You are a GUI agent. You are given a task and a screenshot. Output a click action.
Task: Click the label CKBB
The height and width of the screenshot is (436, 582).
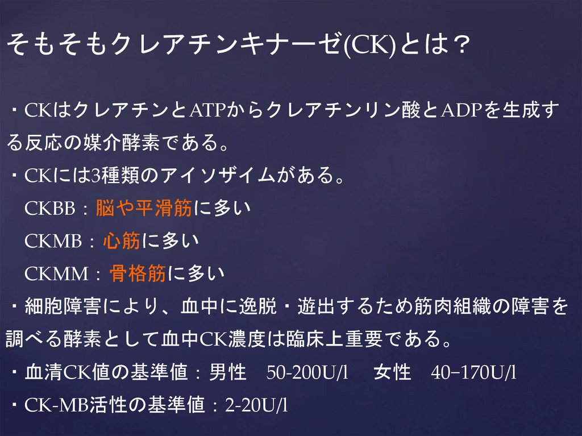pos(50,209)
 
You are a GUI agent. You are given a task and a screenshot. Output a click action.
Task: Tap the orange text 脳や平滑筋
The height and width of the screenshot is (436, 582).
pos(144,209)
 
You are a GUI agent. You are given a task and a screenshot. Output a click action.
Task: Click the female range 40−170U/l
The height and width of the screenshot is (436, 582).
pos(473,373)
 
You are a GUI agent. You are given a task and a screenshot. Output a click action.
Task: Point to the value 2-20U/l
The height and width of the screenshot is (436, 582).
pos(256,405)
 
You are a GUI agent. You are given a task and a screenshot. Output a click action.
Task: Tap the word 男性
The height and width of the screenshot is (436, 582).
pos(228,373)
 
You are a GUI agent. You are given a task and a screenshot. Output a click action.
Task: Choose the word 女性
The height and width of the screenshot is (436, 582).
pos(392,373)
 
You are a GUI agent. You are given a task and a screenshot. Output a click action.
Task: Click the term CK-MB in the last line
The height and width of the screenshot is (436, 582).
pos(57,405)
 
